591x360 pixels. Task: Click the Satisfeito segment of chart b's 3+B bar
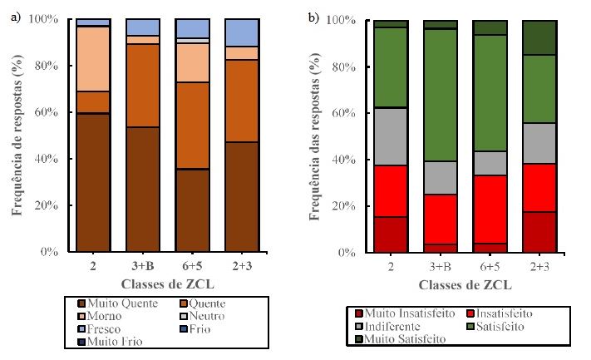441,95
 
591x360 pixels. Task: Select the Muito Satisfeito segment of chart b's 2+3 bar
539,37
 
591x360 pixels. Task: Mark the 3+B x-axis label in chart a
143,264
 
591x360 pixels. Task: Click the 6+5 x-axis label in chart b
490,265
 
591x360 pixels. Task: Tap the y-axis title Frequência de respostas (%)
16,136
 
